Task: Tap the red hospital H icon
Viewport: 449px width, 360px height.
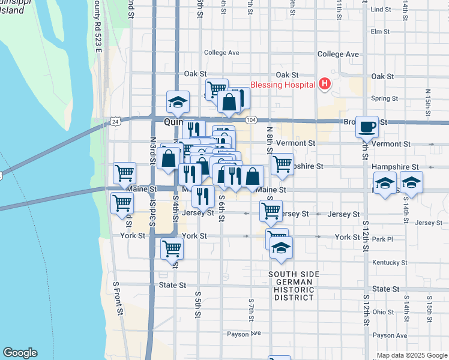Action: [325, 83]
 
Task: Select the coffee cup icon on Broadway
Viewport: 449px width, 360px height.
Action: [367, 127]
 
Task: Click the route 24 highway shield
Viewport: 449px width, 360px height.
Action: [114, 121]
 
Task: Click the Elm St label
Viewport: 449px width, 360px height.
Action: [381, 31]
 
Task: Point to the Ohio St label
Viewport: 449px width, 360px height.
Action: [382, 312]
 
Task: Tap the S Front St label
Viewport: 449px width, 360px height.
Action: [119, 299]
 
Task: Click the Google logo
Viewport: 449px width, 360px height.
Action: [20, 353]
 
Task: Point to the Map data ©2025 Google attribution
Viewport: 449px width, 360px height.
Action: [412, 355]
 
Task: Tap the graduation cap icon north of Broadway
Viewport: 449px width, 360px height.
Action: [178, 102]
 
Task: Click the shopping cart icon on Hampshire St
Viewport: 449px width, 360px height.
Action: [282, 163]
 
